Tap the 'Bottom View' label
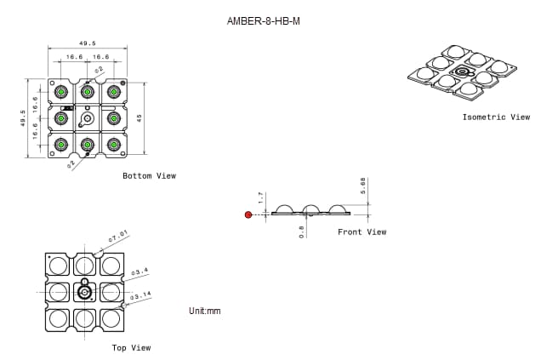(x=149, y=176)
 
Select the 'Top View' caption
(x=131, y=348)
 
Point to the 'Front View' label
(x=362, y=232)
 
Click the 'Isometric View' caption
(x=496, y=117)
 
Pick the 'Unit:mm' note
(x=204, y=311)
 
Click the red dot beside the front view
(x=248, y=214)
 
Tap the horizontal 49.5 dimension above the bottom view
(x=87, y=43)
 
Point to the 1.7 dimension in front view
(x=261, y=197)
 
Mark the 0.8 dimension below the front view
(x=301, y=231)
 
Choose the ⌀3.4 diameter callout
(x=140, y=271)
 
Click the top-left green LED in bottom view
(x=60, y=91)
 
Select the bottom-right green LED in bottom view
(x=112, y=145)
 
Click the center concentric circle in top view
(x=84, y=293)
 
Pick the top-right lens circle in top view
(x=111, y=266)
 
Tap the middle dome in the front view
(x=311, y=209)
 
